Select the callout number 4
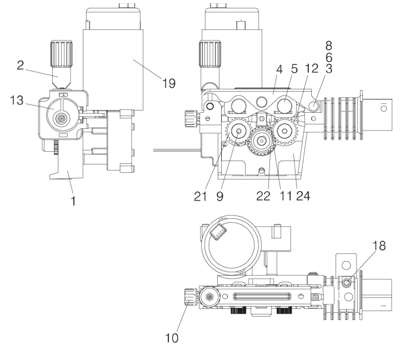278,68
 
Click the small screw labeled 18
346,283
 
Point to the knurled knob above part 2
59,53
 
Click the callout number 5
293,68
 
